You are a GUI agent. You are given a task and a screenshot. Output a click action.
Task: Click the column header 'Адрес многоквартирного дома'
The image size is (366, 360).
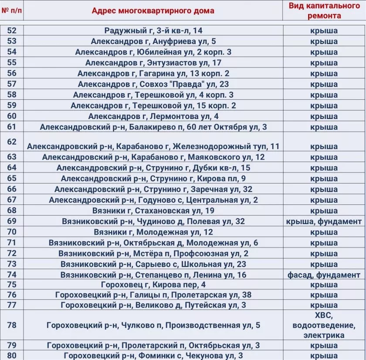pyautogui.click(x=153, y=10)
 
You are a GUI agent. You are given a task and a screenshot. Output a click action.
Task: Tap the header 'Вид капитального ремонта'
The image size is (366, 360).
pyautogui.click(x=324, y=10)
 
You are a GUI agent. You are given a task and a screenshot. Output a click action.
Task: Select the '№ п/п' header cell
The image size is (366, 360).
pyautogui.click(x=12, y=10)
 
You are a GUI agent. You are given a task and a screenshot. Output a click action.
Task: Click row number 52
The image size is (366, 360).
pyautogui.click(x=12, y=31)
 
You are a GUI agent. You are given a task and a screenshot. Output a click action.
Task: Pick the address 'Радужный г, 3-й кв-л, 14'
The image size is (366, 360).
pyautogui.click(x=153, y=31)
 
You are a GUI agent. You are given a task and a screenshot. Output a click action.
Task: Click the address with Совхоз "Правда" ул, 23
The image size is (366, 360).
pyautogui.click(x=153, y=84)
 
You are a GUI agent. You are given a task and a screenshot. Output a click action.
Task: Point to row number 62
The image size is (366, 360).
pyautogui.click(x=12, y=142)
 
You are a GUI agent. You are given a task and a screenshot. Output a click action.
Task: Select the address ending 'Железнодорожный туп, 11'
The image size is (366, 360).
pyautogui.click(x=153, y=146)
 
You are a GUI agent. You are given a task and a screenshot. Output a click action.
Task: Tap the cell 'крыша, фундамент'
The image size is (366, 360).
pyautogui.click(x=324, y=221)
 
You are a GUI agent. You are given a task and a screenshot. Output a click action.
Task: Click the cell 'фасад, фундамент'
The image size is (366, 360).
pyautogui.click(x=324, y=275)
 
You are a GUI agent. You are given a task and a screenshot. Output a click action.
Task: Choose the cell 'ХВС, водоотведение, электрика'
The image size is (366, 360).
pyautogui.click(x=324, y=325)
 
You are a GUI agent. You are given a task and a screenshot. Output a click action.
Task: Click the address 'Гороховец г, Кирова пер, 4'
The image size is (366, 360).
pyautogui.click(x=153, y=285)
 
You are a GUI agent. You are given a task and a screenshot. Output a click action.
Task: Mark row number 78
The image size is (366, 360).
pyautogui.click(x=12, y=325)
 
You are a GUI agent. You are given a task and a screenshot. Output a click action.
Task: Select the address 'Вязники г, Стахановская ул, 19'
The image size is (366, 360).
pyautogui.click(x=153, y=211)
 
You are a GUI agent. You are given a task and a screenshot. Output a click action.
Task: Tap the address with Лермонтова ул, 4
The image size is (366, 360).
pyautogui.click(x=153, y=116)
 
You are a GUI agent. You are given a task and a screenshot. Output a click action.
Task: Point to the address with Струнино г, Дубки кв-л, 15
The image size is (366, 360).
pyautogui.click(x=153, y=168)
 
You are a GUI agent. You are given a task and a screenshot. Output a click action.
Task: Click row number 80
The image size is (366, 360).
pyautogui.click(x=12, y=356)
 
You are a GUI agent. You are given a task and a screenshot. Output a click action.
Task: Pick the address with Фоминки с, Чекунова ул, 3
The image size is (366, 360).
pyautogui.click(x=153, y=356)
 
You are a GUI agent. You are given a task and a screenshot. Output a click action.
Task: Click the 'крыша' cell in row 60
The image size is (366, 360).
pyautogui.click(x=324, y=116)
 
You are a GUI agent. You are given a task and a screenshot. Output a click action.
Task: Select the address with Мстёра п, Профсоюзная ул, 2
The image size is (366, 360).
pyautogui.click(x=153, y=254)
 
